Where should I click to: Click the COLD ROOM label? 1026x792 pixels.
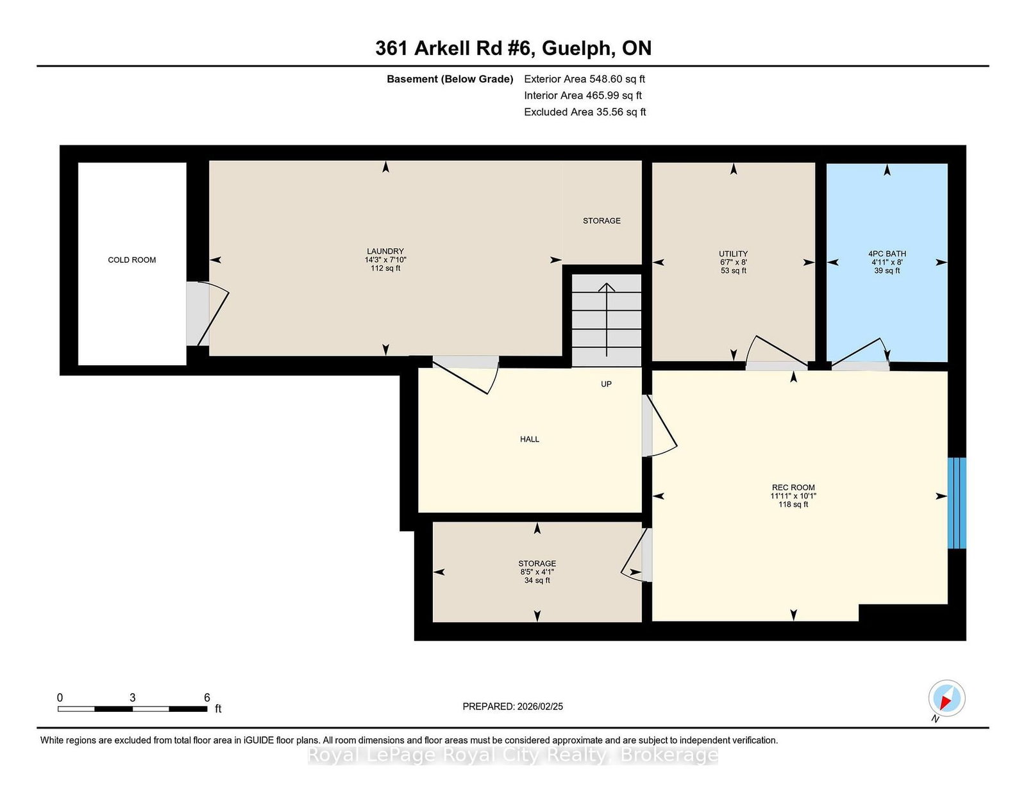[x=131, y=260]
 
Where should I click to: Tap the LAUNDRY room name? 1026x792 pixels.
[x=385, y=251]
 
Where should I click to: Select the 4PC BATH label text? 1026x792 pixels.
[x=887, y=254]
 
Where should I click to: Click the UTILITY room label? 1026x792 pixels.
[x=733, y=254]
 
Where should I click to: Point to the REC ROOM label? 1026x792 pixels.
[x=793, y=488]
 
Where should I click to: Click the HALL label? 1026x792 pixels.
[x=530, y=439]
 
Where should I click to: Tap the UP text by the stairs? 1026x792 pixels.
[x=606, y=384]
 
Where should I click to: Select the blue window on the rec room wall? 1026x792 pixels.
[x=957, y=503]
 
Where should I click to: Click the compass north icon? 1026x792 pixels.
[x=946, y=698]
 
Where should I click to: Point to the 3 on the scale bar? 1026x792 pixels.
[x=133, y=698]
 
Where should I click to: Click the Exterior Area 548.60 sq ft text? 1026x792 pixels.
[x=584, y=79]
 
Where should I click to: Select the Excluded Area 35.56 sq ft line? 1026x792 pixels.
[x=584, y=111]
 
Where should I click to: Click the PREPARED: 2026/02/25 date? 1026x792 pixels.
[x=512, y=706]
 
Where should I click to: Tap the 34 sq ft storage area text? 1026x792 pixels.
[x=537, y=581]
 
